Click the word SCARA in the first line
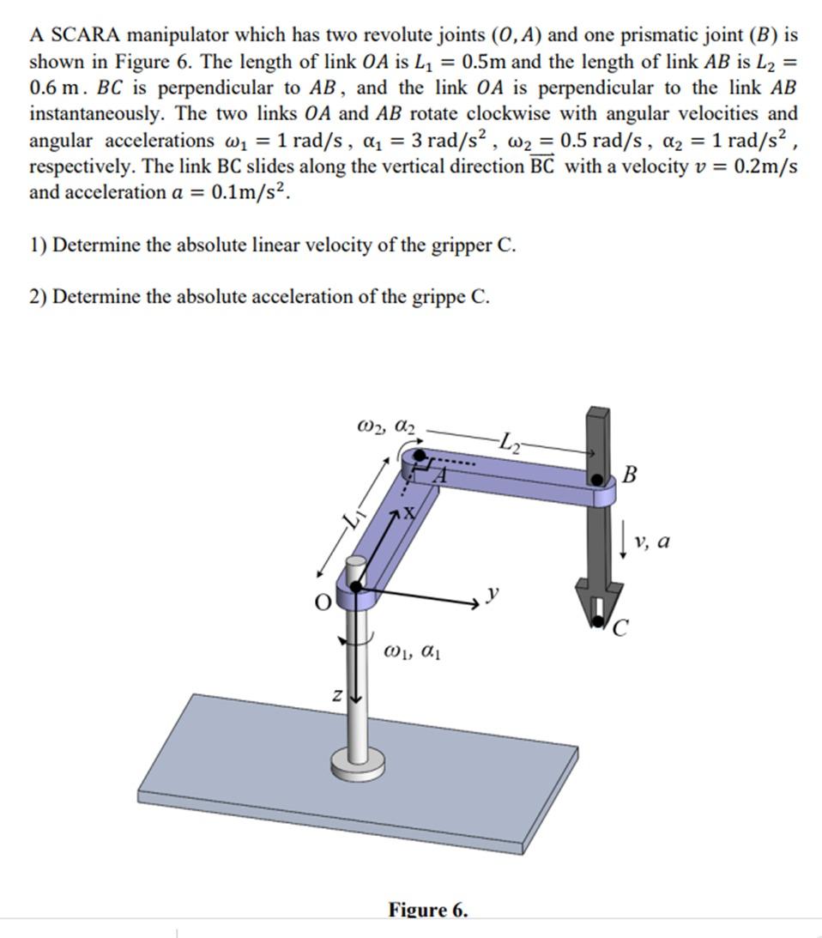pyautogui.click(x=86, y=36)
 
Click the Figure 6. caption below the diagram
pyautogui.click(x=428, y=910)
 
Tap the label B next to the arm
pyautogui.click(x=630, y=475)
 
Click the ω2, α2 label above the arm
pyautogui.click(x=385, y=425)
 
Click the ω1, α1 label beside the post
pyautogui.click(x=414, y=655)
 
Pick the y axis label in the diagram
pyautogui.click(x=493, y=592)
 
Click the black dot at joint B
pyautogui.click(x=595, y=478)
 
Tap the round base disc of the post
pyautogui.click(x=354, y=763)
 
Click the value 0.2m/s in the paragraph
pyautogui.click(x=762, y=166)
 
